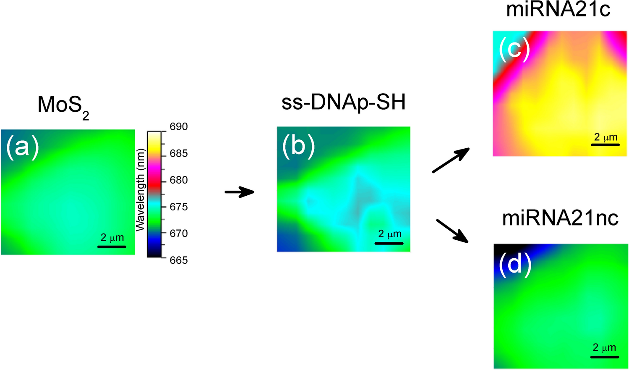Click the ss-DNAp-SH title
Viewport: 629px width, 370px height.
(x=343, y=103)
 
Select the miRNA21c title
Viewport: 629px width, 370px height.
(x=558, y=9)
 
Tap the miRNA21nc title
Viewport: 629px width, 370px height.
(x=560, y=218)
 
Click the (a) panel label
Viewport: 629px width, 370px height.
(x=22, y=148)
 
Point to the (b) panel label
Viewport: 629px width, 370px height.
(x=298, y=146)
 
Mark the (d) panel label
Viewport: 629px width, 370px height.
(x=515, y=265)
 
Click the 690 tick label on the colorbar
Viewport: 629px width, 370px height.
(x=178, y=127)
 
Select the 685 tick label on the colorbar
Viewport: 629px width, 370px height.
(x=178, y=154)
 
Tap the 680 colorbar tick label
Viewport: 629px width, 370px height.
(x=178, y=180)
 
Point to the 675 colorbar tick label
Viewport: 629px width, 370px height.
(x=178, y=207)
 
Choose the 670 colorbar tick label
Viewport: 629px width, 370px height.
(x=178, y=234)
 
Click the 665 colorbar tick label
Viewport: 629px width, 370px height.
(x=178, y=260)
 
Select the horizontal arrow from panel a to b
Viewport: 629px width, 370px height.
(x=240, y=192)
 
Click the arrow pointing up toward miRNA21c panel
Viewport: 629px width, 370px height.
(x=451, y=160)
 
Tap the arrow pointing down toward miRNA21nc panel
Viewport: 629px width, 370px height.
(x=452, y=231)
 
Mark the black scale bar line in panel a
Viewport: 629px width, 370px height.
(x=112, y=247)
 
